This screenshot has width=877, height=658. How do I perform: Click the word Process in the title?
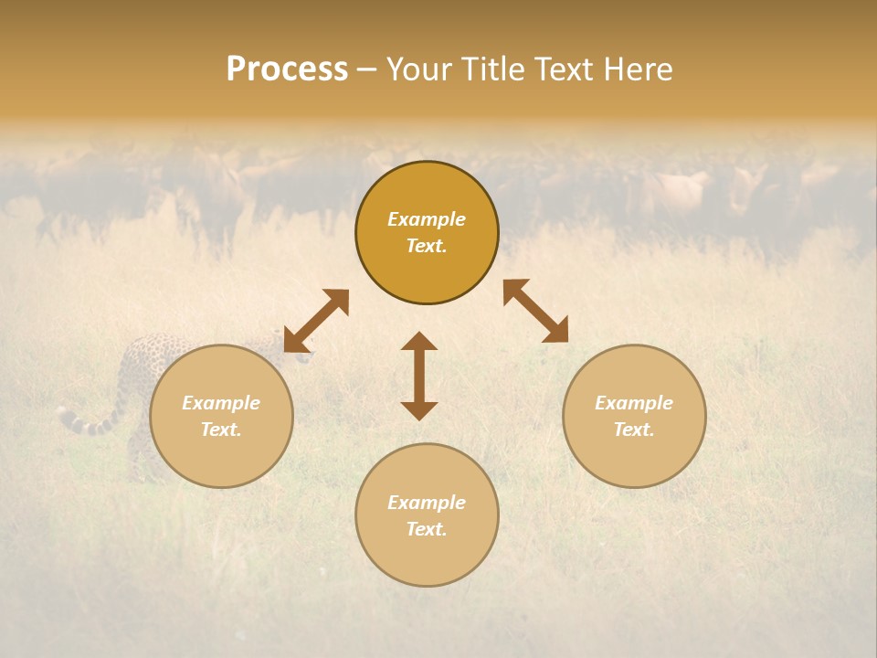(x=287, y=69)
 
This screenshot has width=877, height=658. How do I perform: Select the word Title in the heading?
(x=496, y=69)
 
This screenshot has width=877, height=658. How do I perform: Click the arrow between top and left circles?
(x=316, y=321)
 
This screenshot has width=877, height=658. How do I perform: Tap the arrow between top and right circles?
(x=535, y=311)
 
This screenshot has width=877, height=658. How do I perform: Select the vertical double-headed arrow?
(x=419, y=376)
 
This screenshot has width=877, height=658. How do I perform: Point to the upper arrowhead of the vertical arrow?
(x=419, y=342)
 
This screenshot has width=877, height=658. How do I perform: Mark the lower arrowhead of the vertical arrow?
(x=419, y=409)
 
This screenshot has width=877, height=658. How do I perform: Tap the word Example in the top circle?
(x=427, y=219)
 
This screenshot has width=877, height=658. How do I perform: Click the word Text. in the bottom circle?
(x=427, y=529)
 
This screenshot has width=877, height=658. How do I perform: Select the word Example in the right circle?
(x=634, y=403)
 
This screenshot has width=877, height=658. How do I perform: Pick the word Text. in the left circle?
(x=221, y=430)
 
